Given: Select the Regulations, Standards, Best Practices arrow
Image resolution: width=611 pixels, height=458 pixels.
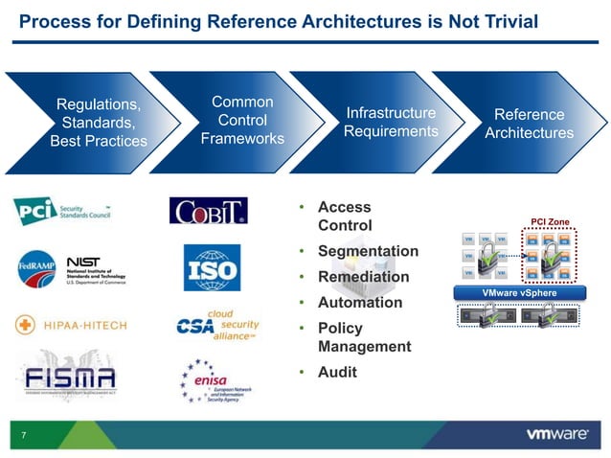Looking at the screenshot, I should tap(99, 123).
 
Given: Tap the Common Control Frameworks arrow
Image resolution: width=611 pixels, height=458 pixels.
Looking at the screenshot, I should tap(242, 121).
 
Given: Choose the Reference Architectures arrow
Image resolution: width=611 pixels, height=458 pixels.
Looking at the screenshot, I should tap(529, 124).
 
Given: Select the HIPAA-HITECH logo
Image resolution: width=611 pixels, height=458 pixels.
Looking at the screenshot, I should tap(76, 325).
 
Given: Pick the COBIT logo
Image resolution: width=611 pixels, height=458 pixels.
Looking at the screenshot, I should tap(208, 210).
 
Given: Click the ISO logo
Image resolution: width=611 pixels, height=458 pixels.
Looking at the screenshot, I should tap(212, 267).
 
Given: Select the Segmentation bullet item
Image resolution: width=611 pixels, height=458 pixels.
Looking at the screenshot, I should tap(368, 251).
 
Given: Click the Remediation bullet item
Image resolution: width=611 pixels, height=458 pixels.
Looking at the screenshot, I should tap(363, 277).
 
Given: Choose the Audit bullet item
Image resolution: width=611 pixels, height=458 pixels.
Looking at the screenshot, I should tap(336, 372).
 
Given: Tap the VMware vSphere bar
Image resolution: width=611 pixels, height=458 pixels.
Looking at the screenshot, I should tap(519, 293).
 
